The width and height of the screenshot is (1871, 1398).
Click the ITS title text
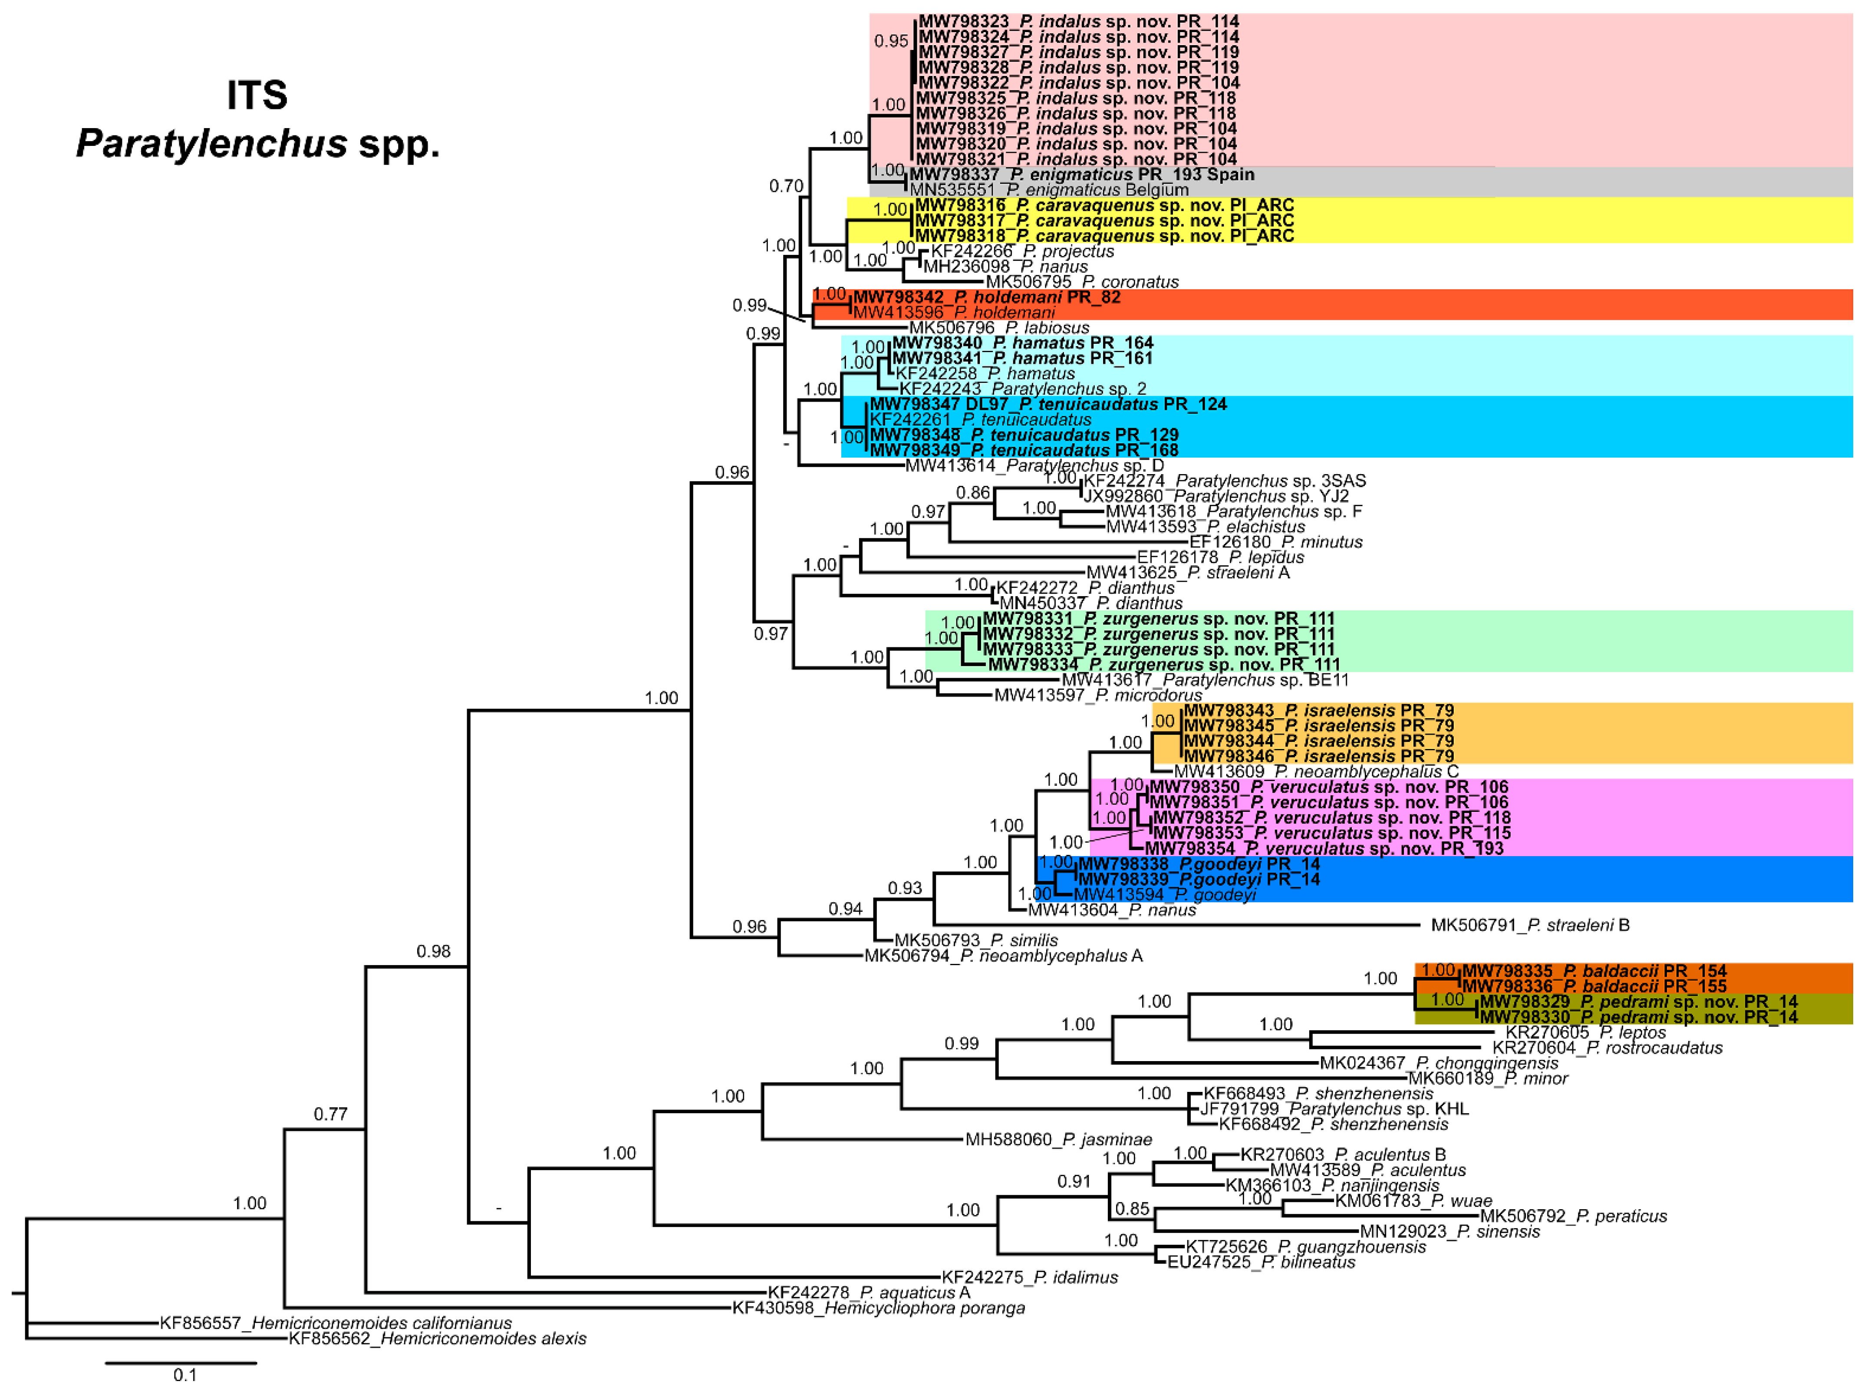257,95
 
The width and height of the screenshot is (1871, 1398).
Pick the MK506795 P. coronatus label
1082,282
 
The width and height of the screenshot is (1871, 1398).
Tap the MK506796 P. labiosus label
999,327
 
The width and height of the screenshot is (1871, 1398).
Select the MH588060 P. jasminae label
1058,1139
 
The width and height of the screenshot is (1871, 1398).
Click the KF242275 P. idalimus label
1029,1277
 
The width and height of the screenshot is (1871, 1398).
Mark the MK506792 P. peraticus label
1573,1216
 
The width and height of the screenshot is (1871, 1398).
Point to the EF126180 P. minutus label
1275,542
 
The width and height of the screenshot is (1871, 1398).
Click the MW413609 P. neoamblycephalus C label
1315,772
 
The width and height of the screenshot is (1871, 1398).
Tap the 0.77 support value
331,1114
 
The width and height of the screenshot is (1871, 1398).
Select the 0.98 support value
433,951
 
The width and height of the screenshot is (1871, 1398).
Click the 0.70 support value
786,186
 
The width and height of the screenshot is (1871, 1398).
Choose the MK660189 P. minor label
1487,1078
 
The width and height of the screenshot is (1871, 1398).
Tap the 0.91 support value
1074,1181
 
